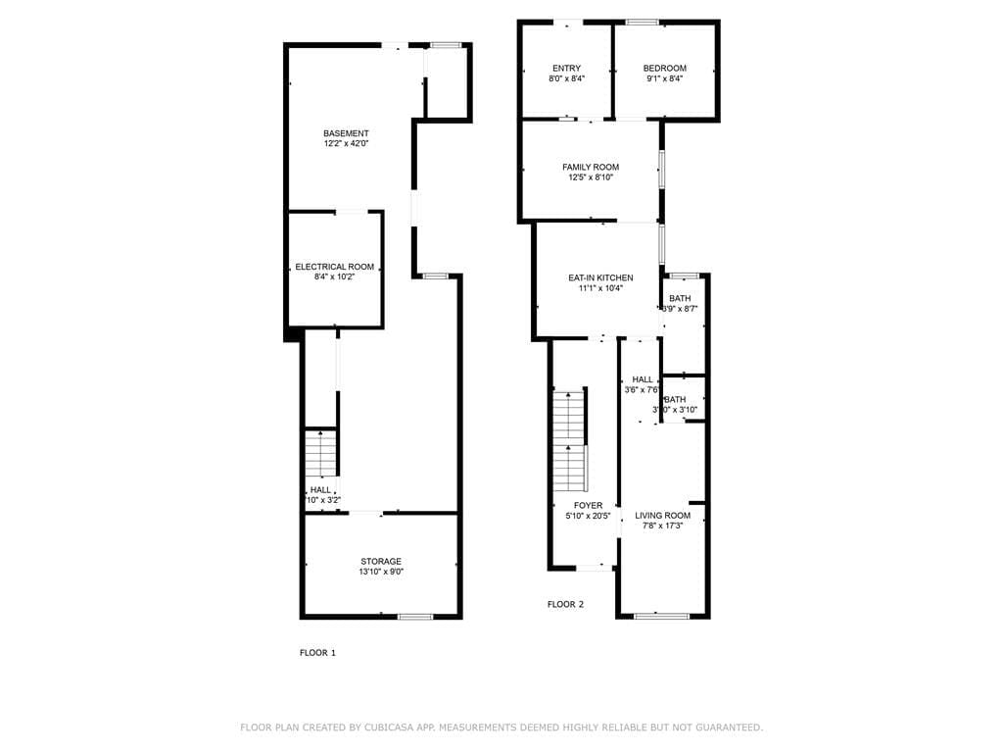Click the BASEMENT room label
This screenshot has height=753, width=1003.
[347, 133]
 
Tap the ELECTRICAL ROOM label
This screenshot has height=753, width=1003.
[335, 267]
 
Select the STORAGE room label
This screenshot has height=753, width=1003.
[380, 562]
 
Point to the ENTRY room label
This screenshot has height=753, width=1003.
[566, 69]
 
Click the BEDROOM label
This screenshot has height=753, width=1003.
[664, 69]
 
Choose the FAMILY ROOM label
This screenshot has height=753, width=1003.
[590, 168]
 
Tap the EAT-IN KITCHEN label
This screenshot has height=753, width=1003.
[600, 278]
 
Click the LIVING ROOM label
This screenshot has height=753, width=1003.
[662, 516]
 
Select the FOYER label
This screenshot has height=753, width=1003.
[588, 506]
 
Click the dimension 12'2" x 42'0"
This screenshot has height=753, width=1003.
[347, 144]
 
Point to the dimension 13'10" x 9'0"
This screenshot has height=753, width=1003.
[380, 573]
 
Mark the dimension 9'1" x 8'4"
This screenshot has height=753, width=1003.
[664, 79]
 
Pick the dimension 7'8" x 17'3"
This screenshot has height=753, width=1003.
[662, 527]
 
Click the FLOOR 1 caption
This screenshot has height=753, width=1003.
[317, 652]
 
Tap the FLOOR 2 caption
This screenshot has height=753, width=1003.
[565, 605]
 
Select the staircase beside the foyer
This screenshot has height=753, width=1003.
[569, 441]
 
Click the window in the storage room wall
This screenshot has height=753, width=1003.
[415, 617]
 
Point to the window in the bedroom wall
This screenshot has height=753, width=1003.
[642, 22]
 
